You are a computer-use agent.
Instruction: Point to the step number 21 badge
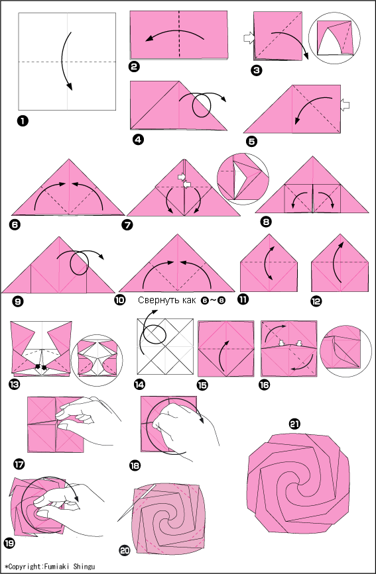pos(294,424)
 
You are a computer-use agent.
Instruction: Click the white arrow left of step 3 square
pos(248,38)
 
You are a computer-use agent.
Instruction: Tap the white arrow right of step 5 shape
pos(344,105)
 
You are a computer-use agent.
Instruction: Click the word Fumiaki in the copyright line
pos(56,566)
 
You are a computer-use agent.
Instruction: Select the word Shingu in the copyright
pos(84,567)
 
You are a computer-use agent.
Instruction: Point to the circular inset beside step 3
pos(334,37)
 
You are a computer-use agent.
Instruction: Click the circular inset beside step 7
pos(243,179)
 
